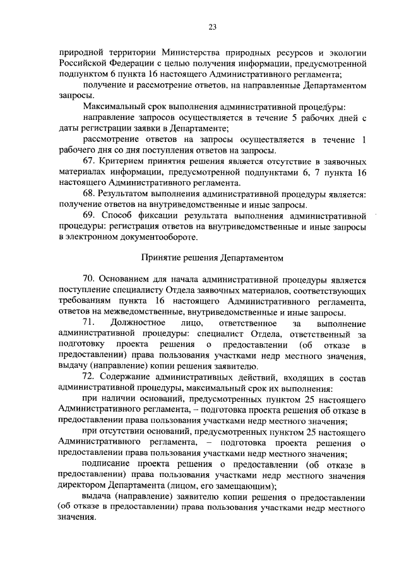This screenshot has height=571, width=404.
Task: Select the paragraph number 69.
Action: coord(88,216)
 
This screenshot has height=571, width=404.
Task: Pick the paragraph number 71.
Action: coord(88,323)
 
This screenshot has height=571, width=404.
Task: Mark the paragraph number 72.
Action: coord(88,377)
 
